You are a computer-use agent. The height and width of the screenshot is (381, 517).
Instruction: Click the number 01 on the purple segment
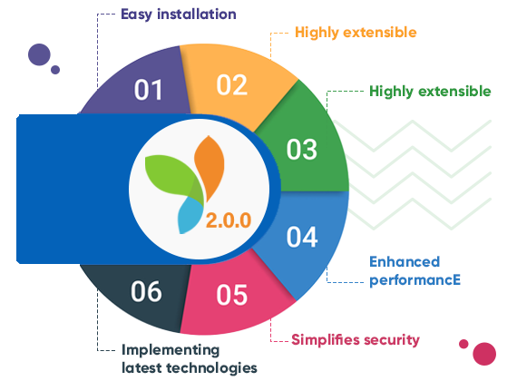[x=149, y=90]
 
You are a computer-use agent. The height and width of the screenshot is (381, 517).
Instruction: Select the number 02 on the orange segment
[x=232, y=85]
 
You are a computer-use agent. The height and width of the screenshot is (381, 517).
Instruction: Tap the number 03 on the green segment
[x=302, y=150]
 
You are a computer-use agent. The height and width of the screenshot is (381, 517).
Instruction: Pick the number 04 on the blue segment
[x=302, y=237]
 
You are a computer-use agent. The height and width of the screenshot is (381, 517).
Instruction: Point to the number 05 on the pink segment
[x=232, y=295]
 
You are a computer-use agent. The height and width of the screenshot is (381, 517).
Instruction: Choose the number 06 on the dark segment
[x=146, y=291]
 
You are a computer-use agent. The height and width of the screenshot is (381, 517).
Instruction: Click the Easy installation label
[x=179, y=15]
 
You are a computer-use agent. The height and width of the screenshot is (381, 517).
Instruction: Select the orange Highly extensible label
[x=356, y=33]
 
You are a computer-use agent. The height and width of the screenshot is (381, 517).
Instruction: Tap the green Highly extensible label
[x=430, y=92]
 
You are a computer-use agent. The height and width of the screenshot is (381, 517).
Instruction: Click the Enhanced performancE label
[x=415, y=271]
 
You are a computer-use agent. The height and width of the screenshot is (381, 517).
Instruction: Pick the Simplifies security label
[x=356, y=340]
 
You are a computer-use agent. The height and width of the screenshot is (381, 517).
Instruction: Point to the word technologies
[x=211, y=368]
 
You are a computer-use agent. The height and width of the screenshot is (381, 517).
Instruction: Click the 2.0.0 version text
[x=229, y=220]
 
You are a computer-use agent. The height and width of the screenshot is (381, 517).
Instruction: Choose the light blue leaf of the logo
[x=190, y=215]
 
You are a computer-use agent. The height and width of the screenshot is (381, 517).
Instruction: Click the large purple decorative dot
[x=39, y=54]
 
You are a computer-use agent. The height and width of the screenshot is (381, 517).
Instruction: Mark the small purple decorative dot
[x=55, y=70]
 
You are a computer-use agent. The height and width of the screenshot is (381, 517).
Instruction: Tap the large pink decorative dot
[x=484, y=354]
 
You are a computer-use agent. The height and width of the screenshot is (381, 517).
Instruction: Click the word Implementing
[x=171, y=350]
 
